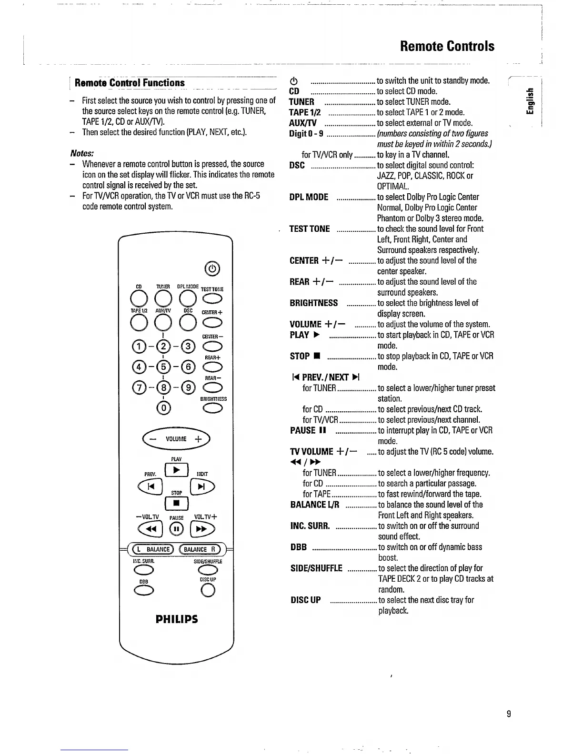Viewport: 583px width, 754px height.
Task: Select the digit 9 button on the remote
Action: click(x=189, y=388)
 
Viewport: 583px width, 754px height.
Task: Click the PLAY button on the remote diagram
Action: click(x=176, y=471)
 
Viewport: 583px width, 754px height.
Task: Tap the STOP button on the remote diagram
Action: click(x=177, y=503)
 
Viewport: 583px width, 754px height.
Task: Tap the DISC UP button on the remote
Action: click(x=208, y=591)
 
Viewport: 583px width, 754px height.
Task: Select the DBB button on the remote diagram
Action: click(x=144, y=591)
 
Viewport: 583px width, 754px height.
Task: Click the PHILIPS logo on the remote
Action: click(x=177, y=619)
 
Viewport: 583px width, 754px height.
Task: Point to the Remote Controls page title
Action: click(x=447, y=46)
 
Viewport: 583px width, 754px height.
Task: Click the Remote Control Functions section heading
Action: click(x=130, y=83)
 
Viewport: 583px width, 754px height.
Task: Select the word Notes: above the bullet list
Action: click(x=81, y=153)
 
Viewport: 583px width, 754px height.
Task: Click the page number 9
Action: click(x=509, y=714)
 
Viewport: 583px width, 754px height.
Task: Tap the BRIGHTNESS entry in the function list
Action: click(x=313, y=303)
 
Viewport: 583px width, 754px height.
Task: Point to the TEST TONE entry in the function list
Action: click(x=310, y=229)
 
